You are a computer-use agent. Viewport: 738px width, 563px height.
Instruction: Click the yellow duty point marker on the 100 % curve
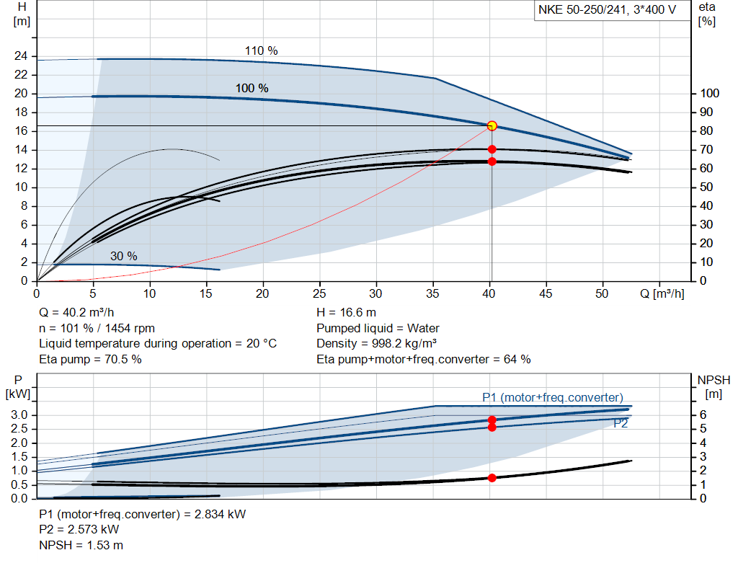coord(492,125)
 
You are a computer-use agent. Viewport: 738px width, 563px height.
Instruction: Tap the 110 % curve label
coord(261,50)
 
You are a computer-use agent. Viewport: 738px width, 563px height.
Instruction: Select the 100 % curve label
coord(252,88)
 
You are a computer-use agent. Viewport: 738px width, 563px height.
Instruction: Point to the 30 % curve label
coord(123,256)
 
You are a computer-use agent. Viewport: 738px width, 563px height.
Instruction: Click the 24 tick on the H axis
coord(21,56)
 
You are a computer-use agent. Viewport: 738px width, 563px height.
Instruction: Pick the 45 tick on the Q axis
coord(546,293)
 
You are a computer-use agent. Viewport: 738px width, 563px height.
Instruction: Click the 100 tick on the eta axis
coord(710,94)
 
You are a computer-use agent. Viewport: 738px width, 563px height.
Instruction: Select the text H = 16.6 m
coord(346,313)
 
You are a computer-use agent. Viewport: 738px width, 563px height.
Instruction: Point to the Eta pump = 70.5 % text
coord(90,358)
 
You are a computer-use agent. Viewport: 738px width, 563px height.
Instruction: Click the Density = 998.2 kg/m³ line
coord(377,343)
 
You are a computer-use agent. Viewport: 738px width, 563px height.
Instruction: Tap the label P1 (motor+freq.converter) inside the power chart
coord(552,397)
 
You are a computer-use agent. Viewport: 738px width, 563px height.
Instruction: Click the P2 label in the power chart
coord(621,424)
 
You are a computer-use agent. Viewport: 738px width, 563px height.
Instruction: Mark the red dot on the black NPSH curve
coord(492,477)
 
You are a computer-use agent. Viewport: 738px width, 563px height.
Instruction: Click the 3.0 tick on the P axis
coord(21,415)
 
